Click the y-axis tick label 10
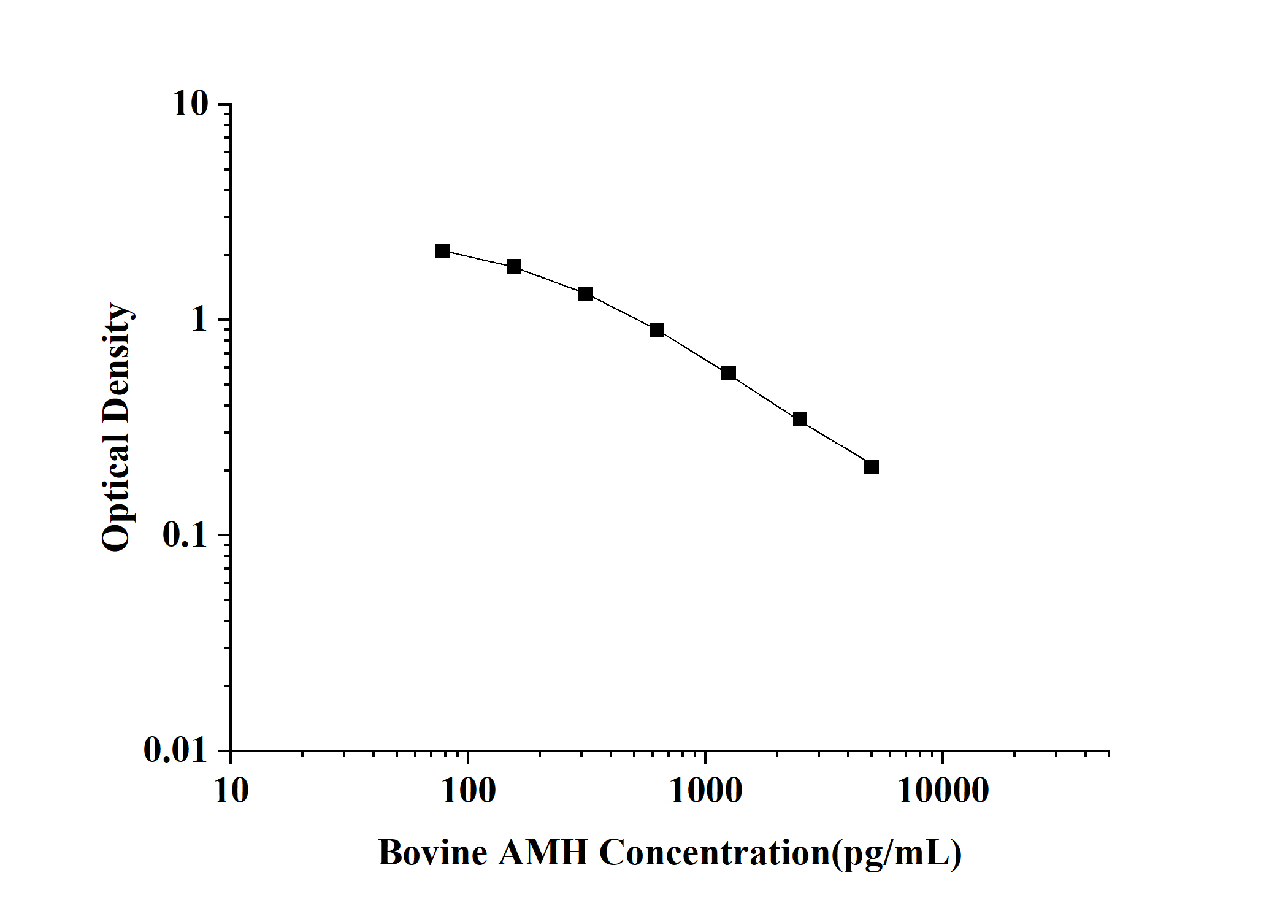tap(191, 104)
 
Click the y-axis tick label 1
tap(200, 320)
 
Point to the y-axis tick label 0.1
tap(186, 535)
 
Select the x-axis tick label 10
tap(231, 791)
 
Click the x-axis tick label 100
tap(469, 791)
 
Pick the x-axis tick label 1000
tap(705, 791)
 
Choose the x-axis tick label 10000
tap(943, 791)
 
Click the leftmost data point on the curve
tap(443, 251)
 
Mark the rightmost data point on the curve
tap(872, 467)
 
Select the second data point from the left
tap(514, 266)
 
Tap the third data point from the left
tap(586, 294)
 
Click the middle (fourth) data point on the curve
tap(657, 330)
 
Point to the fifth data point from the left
tap(729, 373)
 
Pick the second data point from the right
tap(800, 420)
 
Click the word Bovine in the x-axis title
tap(433, 853)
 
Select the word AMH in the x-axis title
tap(543, 853)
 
